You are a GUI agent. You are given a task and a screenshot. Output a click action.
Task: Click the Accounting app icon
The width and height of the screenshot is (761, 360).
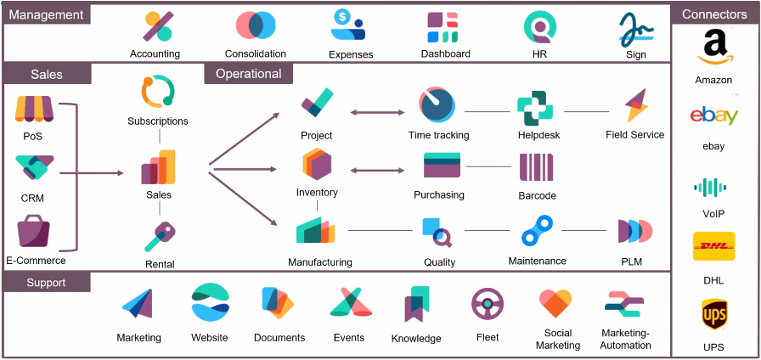pos(158,26)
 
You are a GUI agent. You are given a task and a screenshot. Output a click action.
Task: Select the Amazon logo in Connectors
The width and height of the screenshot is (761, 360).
pos(713,48)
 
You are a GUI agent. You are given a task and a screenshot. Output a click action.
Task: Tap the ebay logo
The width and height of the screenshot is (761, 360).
pos(713,115)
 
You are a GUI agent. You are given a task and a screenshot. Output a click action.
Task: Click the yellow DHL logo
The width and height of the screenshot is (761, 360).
pos(713,247)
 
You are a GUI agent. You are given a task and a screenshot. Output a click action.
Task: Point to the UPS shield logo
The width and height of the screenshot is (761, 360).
pos(713,316)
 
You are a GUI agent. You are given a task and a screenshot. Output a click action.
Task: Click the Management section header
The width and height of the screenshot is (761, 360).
pos(46,14)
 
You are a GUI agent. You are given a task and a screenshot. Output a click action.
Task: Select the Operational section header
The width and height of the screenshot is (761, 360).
pos(248,74)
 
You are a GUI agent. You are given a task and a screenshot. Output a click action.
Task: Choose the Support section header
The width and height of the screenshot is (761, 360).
pos(46,282)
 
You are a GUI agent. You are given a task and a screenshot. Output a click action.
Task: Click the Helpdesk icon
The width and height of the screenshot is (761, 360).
pos(536,107)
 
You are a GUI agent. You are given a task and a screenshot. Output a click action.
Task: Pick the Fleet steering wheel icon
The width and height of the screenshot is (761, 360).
pos(488,304)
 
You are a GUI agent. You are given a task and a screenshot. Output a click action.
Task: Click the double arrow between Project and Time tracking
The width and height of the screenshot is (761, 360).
pos(377,111)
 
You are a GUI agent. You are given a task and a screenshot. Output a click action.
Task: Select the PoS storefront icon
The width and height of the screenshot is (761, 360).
pos(34,109)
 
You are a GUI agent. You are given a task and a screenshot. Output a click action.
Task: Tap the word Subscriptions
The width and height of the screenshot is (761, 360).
pos(158,121)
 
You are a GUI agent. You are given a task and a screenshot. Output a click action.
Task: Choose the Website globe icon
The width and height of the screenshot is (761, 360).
pos(210,303)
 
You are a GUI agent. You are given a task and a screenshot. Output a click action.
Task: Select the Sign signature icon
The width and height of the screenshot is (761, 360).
pos(635,28)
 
